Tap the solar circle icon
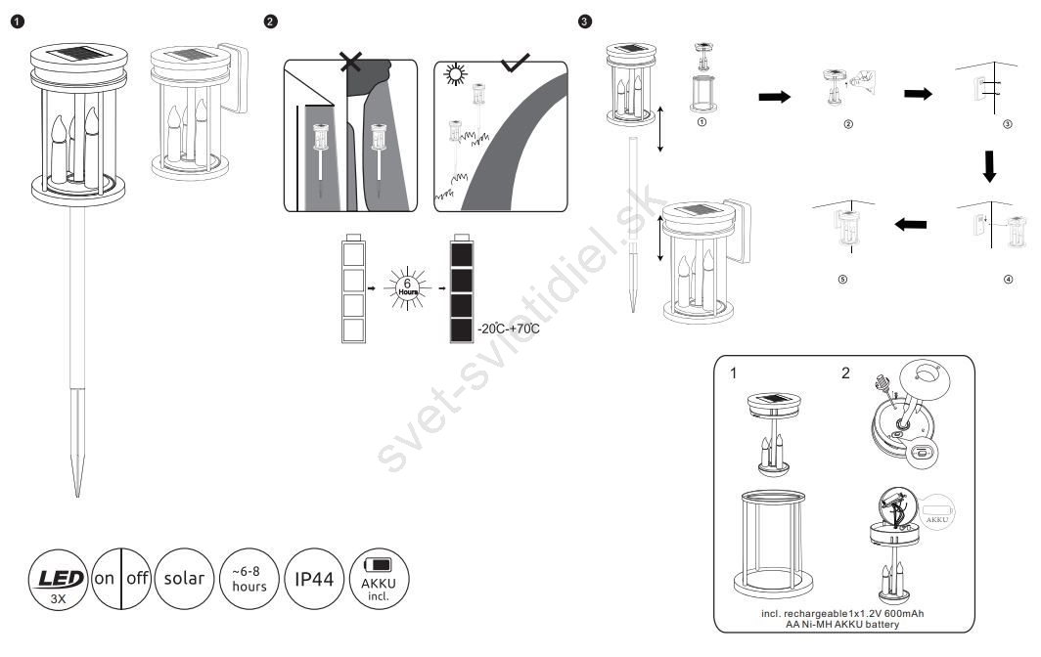point(184,578)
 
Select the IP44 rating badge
point(314,579)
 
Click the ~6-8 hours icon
point(249,579)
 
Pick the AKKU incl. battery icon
point(380,579)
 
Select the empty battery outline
point(354,289)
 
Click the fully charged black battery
point(461,289)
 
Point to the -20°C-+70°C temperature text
point(509,329)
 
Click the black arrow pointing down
point(990,167)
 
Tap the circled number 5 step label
point(842,280)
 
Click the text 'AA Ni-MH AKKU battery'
point(842,623)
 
